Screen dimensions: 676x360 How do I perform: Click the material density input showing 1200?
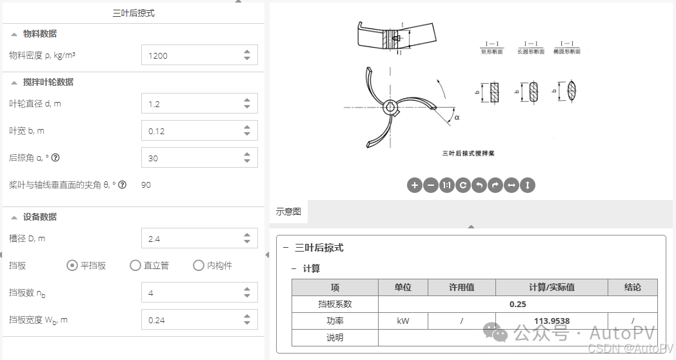coord(190,55)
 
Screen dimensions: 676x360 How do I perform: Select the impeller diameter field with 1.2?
coord(190,104)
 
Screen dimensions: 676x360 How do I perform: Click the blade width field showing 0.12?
coord(190,131)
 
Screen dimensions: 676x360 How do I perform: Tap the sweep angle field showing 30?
coord(190,158)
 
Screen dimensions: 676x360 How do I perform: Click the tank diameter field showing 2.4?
coord(190,239)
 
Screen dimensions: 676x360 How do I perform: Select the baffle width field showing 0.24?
coord(190,320)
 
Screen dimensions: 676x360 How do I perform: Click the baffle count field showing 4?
coord(190,293)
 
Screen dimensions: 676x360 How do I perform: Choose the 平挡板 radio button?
coord(73,265)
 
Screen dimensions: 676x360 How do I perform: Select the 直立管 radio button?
coord(135,265)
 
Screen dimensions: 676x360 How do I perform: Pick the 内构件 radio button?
coord(199,265)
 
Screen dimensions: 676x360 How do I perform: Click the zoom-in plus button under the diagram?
coord(415,185)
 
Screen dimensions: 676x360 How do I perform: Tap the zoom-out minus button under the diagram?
coord(431,185)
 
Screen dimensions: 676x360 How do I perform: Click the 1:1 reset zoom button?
coord(447,185)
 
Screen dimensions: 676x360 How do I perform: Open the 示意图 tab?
coord(288,212)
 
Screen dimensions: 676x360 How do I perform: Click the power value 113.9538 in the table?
coord(552,321)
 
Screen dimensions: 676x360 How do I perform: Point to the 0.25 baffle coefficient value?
coord(517,304)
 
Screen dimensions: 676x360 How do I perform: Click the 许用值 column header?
coord(461,287)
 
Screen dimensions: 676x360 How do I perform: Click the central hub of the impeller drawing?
coord(389,107)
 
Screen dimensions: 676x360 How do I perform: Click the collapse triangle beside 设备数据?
coord(14,217)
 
